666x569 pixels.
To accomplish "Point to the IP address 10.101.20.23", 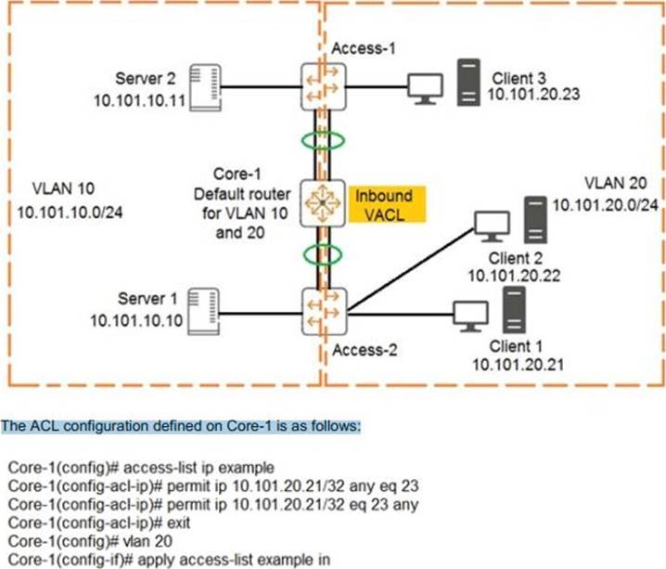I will (x=539, y=94).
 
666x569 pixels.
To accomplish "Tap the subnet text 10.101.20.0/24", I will (x=607, y=203).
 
